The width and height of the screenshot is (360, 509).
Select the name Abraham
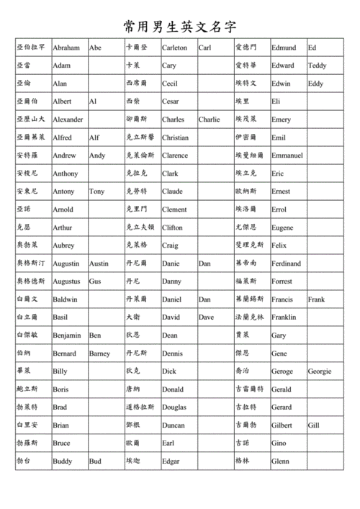click(66, 48)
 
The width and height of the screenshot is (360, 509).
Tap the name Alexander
click(68, 120)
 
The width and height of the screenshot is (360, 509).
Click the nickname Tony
click(96, 192)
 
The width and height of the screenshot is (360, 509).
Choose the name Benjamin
click(67, 335)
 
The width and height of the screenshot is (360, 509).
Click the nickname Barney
click(99, 353)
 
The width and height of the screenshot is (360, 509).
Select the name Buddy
click(63, 461)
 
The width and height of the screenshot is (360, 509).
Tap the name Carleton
click(174, 48)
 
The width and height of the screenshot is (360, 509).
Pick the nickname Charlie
click(210, 120)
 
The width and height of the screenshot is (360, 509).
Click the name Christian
click(176, 138)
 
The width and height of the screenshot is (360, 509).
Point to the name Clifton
click(173, 228)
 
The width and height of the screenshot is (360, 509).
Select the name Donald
click(173, 389)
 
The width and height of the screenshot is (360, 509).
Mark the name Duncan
click(173, 425)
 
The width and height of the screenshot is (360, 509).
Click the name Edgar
click(171, 461)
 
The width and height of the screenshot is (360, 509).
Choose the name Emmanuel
click(287, 156)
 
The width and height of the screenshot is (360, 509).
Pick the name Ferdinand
click(287, 263)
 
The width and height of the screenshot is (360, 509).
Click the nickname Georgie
click(320, 371)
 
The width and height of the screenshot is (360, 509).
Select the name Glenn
click(280, 461)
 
